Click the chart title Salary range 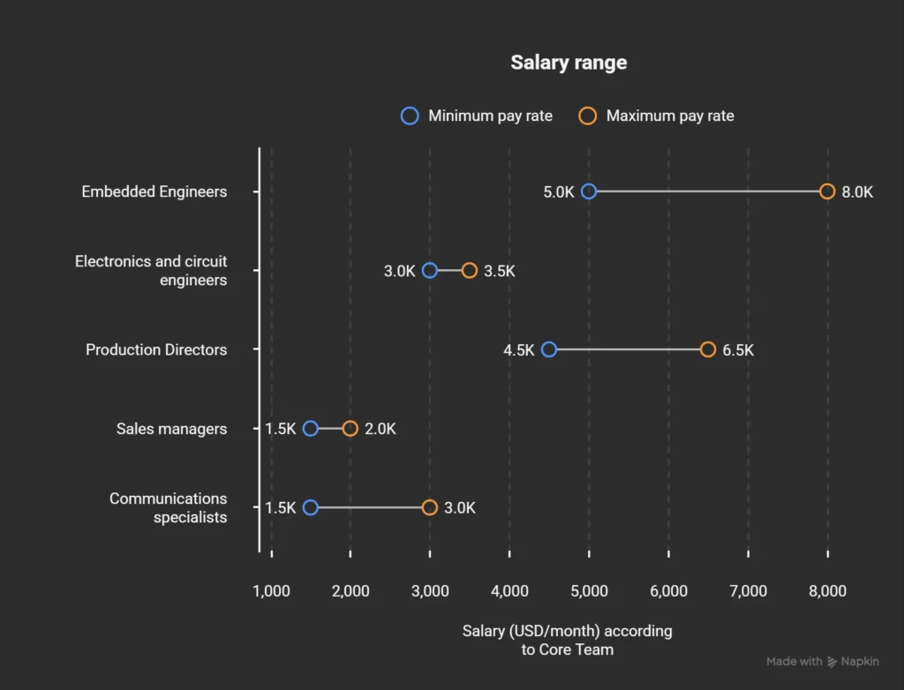tap(569, 63)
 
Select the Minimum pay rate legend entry tap(477, 116)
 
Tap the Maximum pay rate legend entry tap(657, 116)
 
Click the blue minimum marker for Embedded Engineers tap(589, 191)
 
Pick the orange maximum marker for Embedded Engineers tap(827, 191)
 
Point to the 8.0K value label tap(857, 191)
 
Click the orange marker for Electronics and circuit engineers tap(470, 271)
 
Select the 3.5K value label tap(499, 271)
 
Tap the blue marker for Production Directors tap(549, 349)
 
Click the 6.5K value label tap(738, 349)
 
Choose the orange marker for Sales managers tap(350, 429)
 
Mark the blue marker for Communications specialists tap(310, 507)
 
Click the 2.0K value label tap(380, 429)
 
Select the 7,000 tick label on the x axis tap(748, 591)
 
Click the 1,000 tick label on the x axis tap(271, 591)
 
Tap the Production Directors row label tap(156, 349)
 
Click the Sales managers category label tap(171, 429)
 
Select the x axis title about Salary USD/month tap(567, 640)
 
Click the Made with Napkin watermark tap(822, 661)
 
